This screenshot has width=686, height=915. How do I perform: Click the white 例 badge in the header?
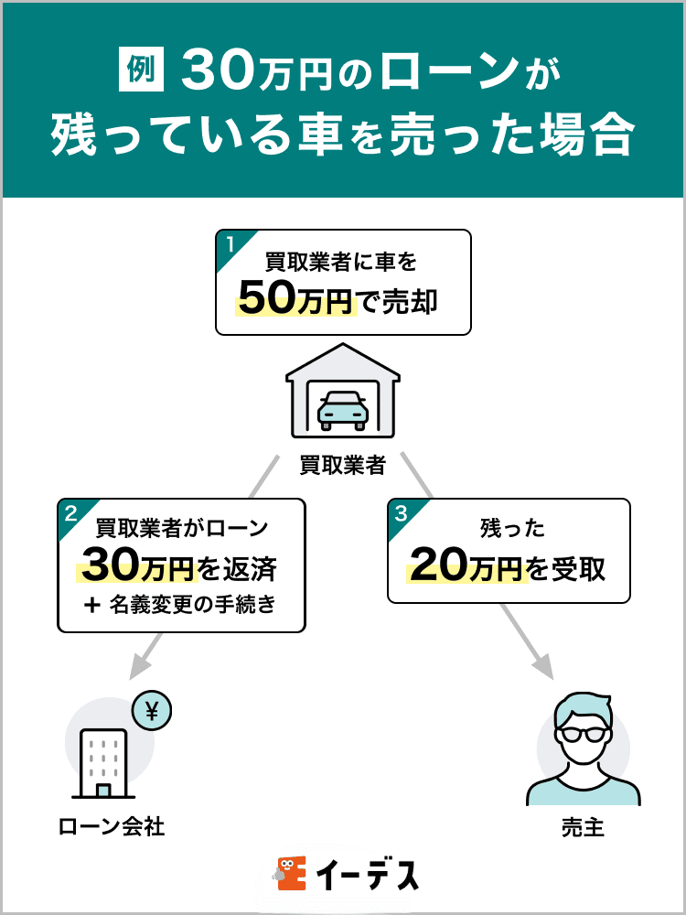(x=141, y=72)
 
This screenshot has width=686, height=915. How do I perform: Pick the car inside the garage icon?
(x=342, y=410)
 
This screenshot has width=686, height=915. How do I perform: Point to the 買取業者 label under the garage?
(x=343, y=467)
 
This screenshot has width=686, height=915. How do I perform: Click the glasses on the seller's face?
(x=583, y=731)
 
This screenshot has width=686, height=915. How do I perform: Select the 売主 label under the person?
(x=583, y=829)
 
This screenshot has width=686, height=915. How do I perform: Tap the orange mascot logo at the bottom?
(x=290, y=875)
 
